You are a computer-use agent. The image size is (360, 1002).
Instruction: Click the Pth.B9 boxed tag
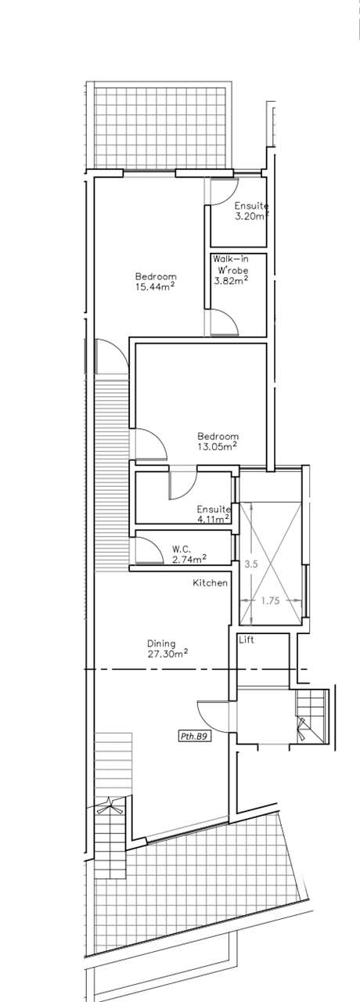[194, 736]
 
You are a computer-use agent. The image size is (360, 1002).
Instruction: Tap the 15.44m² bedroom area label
[155, 281]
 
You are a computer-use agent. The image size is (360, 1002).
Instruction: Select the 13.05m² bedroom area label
[218, 441]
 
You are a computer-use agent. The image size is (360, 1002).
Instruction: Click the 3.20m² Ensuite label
[252, 211]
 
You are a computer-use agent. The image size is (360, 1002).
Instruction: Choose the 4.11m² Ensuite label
[214, 514]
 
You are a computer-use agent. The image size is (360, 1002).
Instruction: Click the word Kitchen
[211, 583]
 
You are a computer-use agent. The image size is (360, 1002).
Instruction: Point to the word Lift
[247, 640]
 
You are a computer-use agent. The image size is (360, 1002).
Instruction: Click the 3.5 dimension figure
[251, 564]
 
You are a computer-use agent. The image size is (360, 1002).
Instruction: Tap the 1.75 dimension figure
[270, 600]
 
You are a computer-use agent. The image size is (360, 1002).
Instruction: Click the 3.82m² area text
[231, 281]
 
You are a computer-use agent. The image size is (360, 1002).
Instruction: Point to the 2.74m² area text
[189, 558]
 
